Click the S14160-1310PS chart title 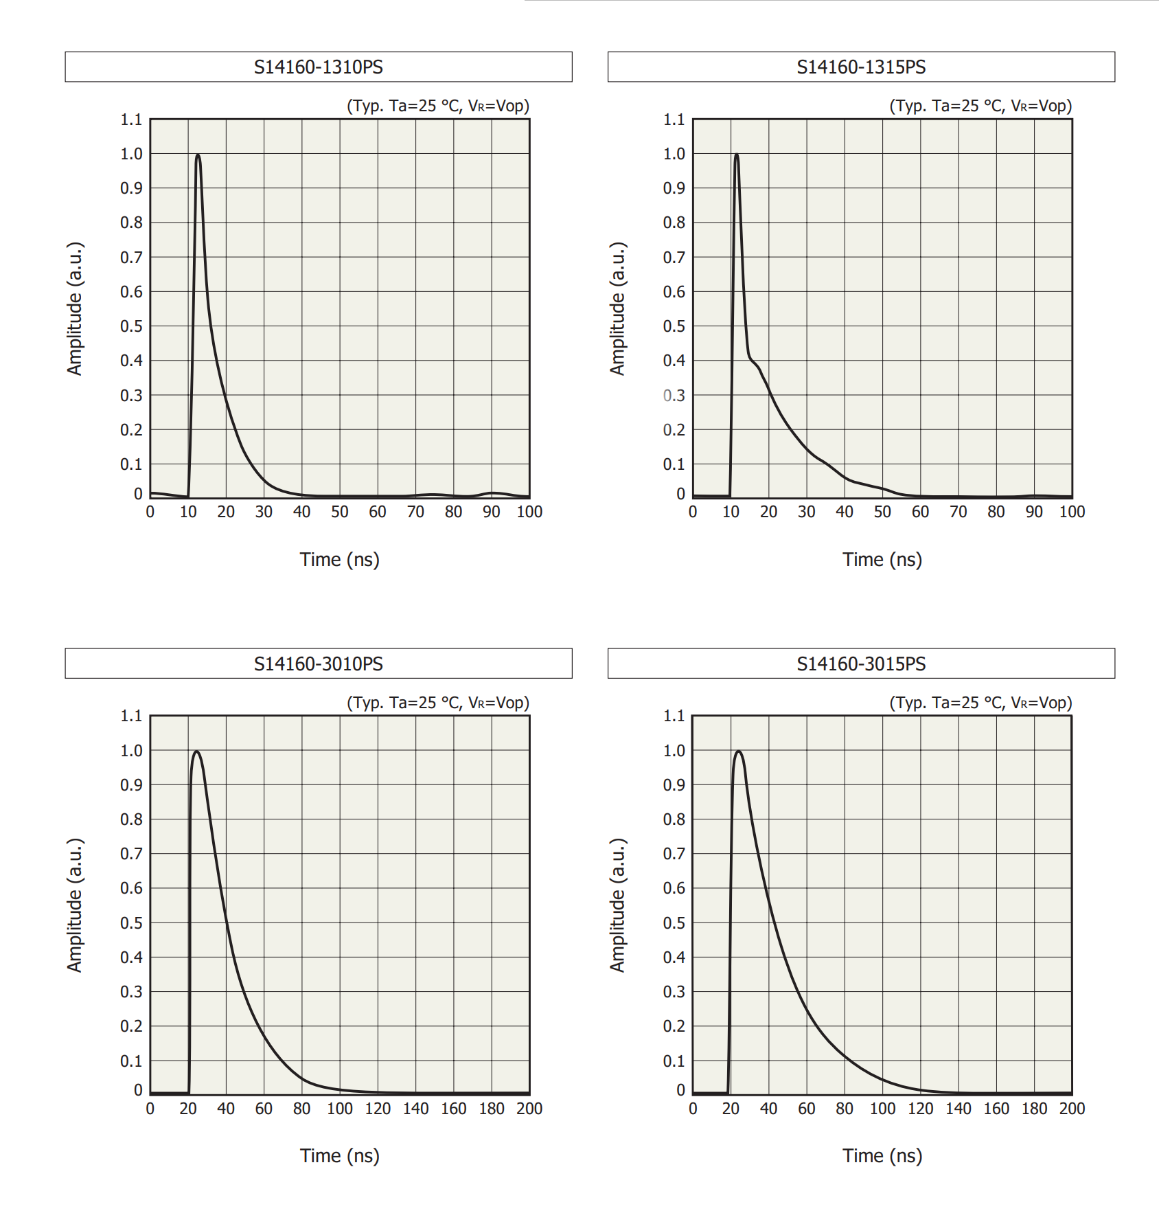(319, 67)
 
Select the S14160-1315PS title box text (861, 67)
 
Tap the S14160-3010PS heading (319, 664)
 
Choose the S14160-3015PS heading (861, 664)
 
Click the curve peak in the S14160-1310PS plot (198, 155)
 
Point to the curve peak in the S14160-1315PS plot (737, 155)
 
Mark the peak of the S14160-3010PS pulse (197, 751)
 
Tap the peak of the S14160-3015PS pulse (739, 751)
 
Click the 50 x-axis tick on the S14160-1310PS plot (340, 512)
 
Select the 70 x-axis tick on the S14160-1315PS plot (959, 512)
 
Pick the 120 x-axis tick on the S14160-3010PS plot (378, 1109)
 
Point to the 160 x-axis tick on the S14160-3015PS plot (996, 1109)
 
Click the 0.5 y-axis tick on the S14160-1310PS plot (131, 326)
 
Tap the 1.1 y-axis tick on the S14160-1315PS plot (674, 120)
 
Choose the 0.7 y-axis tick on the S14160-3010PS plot (131, 854)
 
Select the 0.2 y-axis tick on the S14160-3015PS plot (674, 1026)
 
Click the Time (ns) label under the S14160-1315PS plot (882, 560)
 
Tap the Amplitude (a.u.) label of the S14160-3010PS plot (75, 905)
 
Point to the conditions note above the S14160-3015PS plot (980, 703)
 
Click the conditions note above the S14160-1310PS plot (438, 106)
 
